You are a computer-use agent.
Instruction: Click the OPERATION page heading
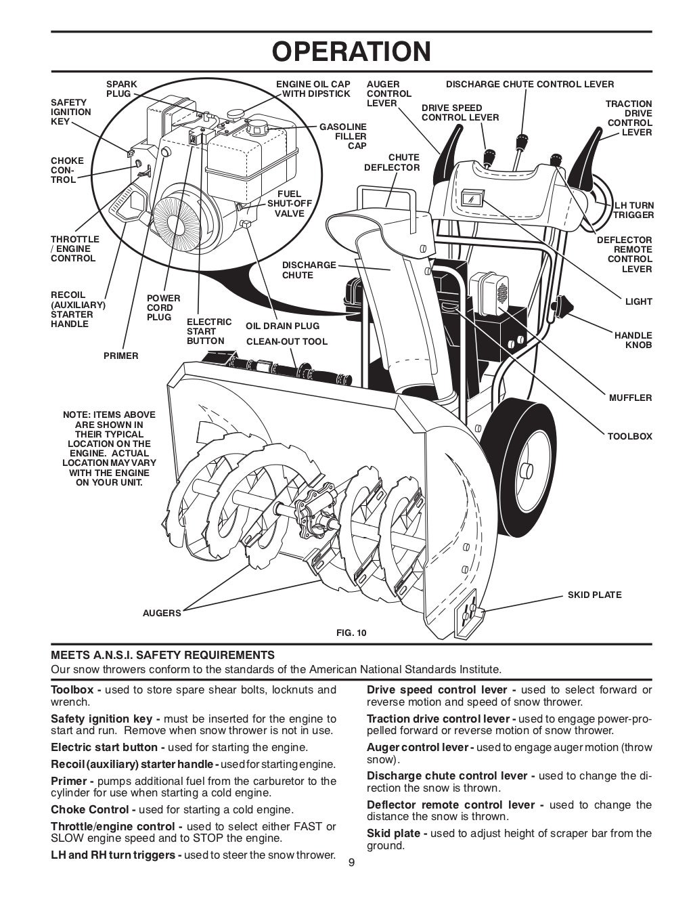tap(351, 51)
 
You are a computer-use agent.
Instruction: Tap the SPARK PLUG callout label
tap(121, 89)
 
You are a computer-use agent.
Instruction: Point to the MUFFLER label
tap(630, 398)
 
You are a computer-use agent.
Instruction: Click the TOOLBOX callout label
tap(629, 436)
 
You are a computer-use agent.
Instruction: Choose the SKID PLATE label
tap(594, 595)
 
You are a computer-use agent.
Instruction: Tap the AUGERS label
tap(162, 613)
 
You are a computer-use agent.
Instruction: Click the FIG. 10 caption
tap(351, 633)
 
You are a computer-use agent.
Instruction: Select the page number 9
tap(351, 862)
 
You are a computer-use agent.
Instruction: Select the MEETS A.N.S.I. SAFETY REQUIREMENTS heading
tap(163, 655)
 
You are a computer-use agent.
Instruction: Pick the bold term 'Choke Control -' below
tap(93, 809)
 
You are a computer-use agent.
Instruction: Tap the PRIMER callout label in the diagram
tap(120, 356)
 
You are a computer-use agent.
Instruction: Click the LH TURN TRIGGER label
tap(633, 210)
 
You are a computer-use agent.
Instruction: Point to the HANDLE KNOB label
tap(633, 340)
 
